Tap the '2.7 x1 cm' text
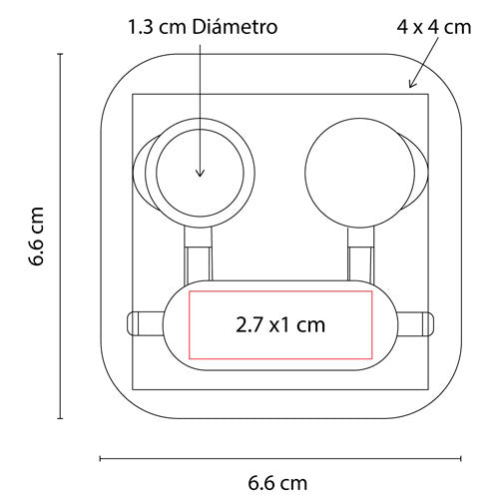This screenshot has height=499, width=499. pyautogui.click(x=279, y=324)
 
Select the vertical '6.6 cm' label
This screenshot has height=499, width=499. pyautogui.click(x=37, y=237)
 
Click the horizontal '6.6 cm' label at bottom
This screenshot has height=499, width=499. pyautogui.click(x=278, y=484)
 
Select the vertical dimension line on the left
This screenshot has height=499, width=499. pyautogui.click(x=62, y=237)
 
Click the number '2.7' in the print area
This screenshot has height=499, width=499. pyautogui.click(x=252, y=324)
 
